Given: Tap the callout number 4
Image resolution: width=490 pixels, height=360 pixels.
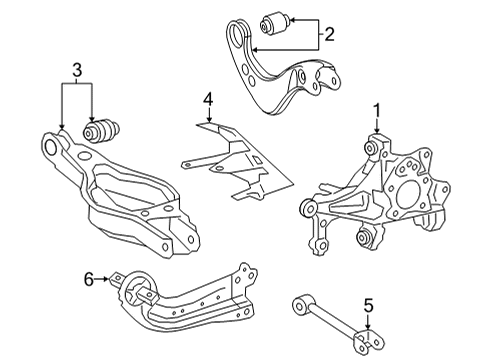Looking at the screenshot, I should (207, 99).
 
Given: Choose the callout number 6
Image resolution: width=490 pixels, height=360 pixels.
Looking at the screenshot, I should (89, 279).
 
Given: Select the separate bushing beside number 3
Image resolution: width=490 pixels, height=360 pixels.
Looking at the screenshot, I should (104, 131).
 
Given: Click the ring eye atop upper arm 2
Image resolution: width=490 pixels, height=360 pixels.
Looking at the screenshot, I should (238, 42).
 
